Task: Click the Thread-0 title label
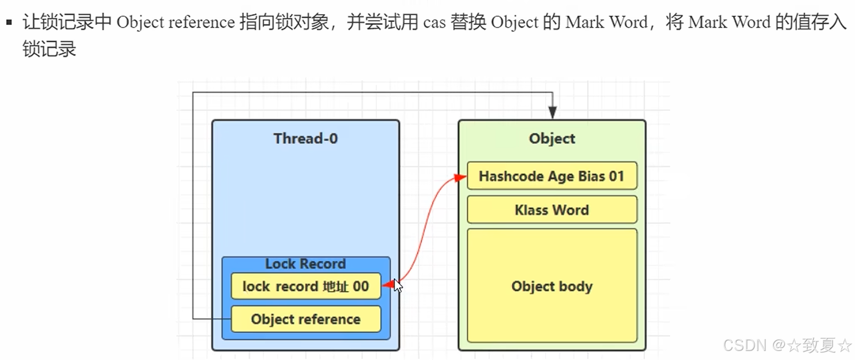click(305, 138)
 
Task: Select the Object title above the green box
click(552, 139)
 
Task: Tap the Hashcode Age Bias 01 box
click(551, 176)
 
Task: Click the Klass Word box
click(551, 210)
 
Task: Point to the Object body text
click(551, 286)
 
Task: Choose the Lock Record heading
click(305, 264)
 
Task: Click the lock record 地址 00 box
click(305, 286)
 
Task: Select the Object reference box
click(305, 319)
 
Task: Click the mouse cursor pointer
click(398, 286)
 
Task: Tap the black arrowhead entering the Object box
click(553, 113)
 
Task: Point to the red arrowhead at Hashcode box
click(460, 177)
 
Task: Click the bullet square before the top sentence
click(8, 23)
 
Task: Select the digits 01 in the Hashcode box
click(616, 176)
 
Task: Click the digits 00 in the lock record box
click(361, 286)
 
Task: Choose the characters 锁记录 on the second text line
click(49, 49)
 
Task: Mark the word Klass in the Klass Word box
click(531, 210)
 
